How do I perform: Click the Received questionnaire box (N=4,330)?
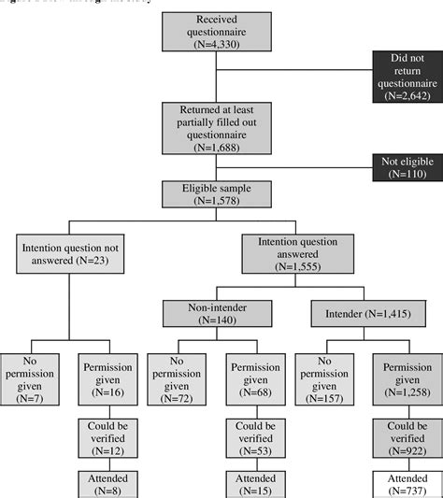(x=218, y=32)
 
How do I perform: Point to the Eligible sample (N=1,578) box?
(x=218, y=193)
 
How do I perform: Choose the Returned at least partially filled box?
(x=218, y=127)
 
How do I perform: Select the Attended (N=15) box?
(x=252, y=484)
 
